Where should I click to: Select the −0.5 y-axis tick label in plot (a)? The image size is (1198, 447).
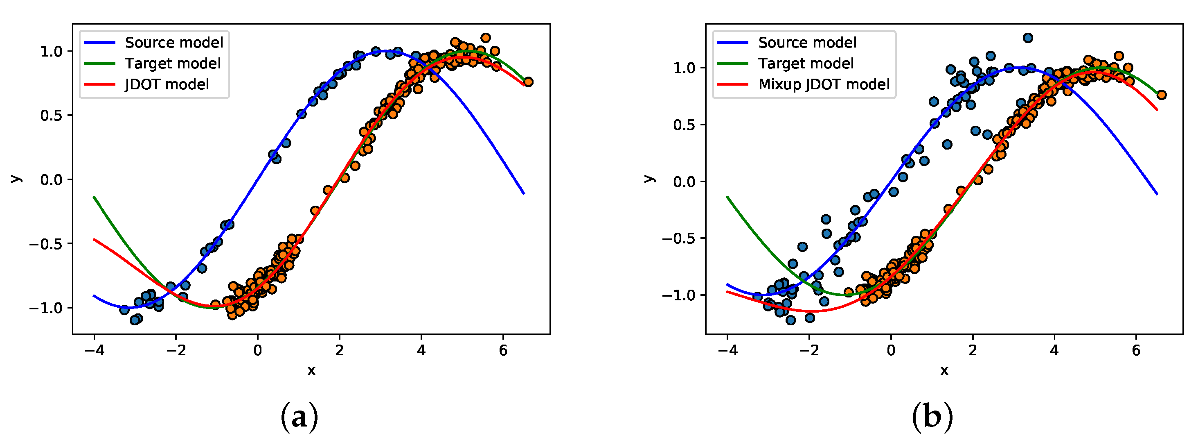[45, 243]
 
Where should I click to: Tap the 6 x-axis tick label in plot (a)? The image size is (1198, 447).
[503, 351]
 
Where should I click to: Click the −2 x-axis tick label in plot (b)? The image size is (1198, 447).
[809, 351]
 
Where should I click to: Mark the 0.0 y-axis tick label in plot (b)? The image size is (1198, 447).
[684, 182]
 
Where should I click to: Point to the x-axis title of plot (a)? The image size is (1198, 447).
[311, 371]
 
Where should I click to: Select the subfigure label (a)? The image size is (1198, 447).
[299, 417]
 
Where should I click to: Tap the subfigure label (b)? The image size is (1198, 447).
[932, 417]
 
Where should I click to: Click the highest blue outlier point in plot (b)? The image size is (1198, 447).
[1028, 38]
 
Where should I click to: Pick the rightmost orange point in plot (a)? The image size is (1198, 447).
[528, 82]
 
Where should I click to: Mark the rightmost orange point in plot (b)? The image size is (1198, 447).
[1161, 95]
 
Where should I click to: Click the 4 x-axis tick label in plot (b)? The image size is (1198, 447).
[1054, 351]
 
